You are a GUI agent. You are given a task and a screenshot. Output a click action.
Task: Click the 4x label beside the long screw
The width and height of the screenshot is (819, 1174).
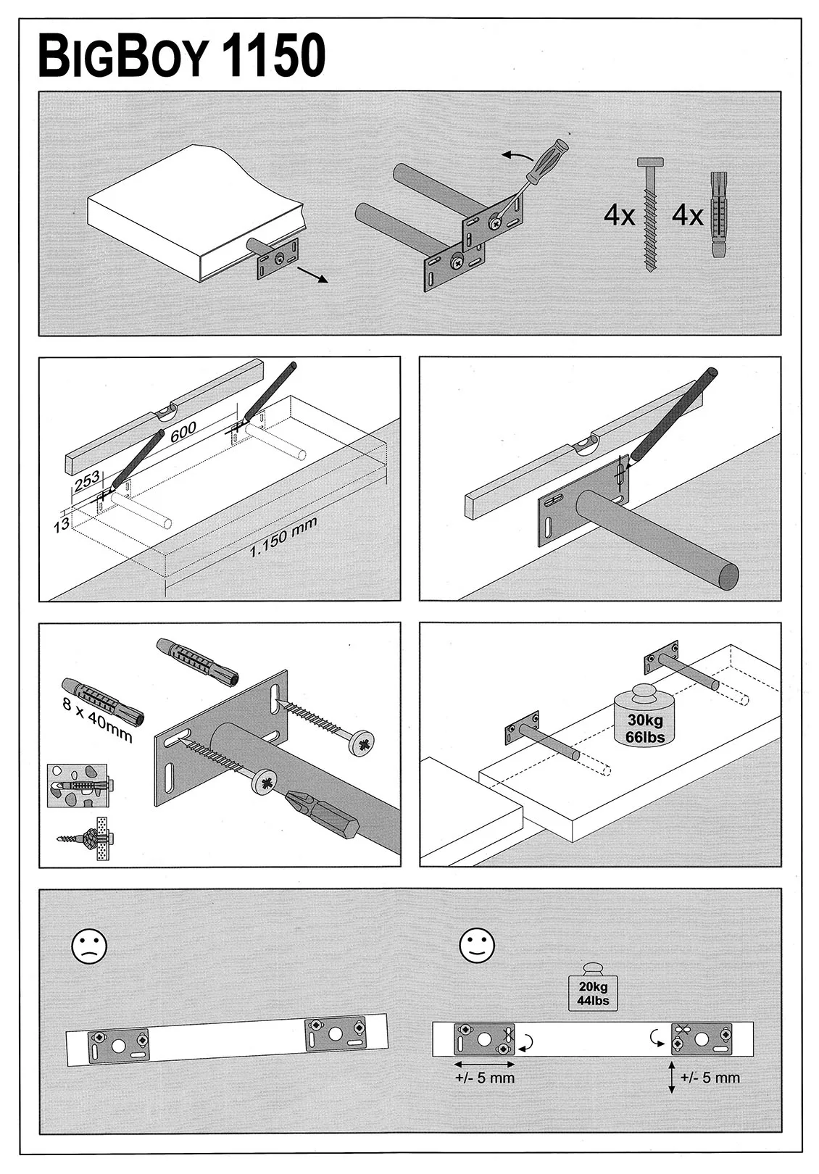point(620,216)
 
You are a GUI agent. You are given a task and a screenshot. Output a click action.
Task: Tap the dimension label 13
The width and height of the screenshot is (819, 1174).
point(62,523)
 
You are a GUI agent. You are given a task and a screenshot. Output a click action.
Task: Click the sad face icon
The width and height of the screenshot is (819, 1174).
point(88,946)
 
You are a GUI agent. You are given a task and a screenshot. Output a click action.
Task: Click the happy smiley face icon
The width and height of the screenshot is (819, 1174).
point(478,944)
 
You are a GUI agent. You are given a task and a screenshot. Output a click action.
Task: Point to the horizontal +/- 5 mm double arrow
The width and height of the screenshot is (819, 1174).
point(485,1064)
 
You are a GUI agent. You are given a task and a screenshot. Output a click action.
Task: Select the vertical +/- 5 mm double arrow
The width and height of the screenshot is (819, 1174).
point(671,1078)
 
